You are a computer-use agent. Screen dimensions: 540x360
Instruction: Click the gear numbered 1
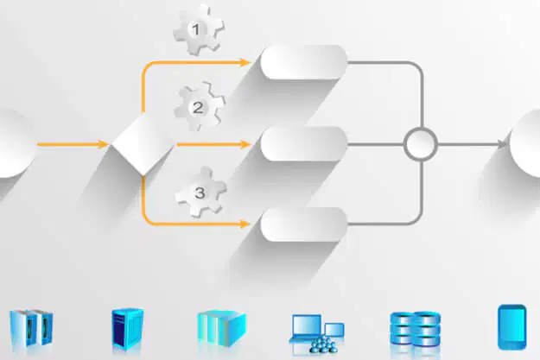198,30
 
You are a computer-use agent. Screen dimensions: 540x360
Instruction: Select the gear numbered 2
199,107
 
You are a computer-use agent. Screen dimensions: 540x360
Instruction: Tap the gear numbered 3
200,192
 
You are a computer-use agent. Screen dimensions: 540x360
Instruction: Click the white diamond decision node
143,144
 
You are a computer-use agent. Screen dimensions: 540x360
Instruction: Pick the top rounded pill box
304,62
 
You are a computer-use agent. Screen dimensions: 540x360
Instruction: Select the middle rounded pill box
304,144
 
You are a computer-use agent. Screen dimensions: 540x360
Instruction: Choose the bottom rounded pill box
304,224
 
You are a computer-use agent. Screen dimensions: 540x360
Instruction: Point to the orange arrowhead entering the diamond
104,144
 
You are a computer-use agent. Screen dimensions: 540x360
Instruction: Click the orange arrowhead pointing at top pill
245,62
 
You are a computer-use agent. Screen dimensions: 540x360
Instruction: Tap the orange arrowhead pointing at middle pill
245,144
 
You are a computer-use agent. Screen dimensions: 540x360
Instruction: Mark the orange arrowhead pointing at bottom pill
245,224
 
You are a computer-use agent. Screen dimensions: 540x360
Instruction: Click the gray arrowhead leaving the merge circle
504,144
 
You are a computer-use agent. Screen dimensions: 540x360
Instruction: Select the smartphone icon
512,327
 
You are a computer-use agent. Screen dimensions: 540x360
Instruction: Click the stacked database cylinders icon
415,329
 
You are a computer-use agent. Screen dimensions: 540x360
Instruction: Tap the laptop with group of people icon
317,333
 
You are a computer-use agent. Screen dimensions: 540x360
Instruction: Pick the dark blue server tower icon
127,329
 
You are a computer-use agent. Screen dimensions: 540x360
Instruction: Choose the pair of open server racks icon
31,328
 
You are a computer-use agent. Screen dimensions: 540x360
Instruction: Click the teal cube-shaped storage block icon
221,329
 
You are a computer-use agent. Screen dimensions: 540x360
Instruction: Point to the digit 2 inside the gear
198,108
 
